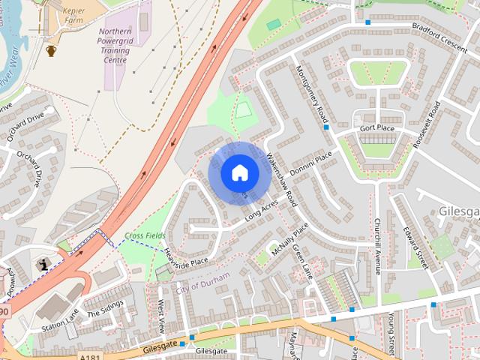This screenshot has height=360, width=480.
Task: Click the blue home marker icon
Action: (239, 172)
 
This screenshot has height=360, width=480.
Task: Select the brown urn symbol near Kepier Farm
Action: (51, 50)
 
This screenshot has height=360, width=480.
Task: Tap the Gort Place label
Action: (376, 128)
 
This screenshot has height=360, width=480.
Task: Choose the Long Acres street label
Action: (260, 211)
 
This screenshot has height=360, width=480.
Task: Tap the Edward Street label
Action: (414, 247)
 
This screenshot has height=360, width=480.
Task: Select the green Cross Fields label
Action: (145, 235)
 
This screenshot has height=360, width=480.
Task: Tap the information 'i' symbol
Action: (43, 264)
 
